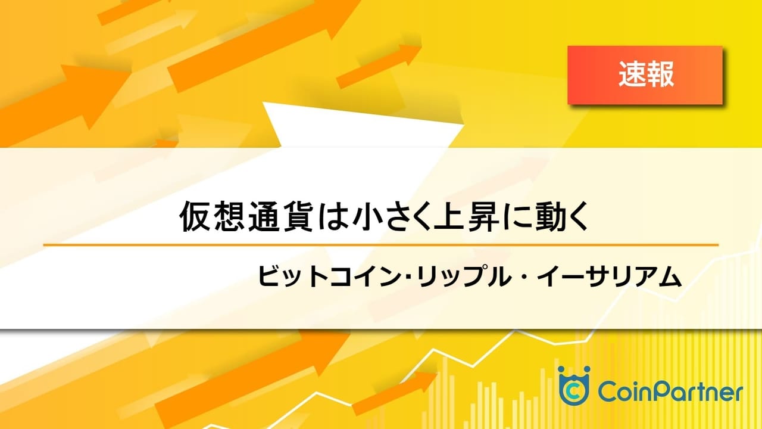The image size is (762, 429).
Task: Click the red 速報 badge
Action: tap(645, 75)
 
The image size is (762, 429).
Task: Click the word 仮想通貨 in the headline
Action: tap(246, 217)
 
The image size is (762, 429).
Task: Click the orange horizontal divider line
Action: tap(380, 245)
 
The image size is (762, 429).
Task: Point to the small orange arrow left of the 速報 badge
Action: tap(379, 66)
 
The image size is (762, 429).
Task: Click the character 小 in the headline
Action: tap(368, 217)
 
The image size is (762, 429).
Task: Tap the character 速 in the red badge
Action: tap(632, 74)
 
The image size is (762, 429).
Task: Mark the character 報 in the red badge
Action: tap(660, 74)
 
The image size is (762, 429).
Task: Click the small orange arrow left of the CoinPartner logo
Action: tap(395, 393)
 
